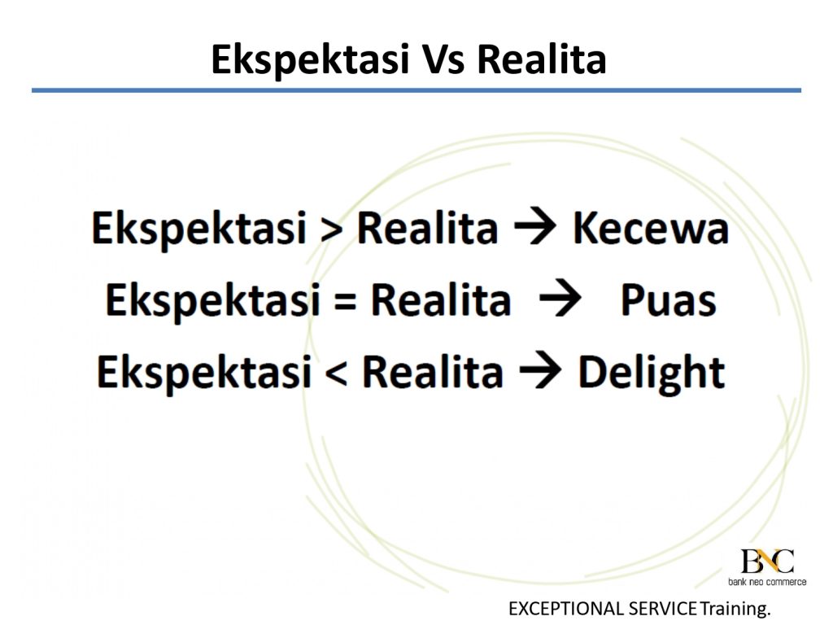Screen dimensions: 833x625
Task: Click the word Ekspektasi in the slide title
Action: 310,60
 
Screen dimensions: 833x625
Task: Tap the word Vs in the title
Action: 443,59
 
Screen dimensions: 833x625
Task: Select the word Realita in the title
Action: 542,59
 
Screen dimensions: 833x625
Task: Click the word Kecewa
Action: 651,229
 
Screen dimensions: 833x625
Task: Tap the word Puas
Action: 669,301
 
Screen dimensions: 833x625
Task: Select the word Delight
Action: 652,373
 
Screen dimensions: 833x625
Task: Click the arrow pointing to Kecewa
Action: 535,228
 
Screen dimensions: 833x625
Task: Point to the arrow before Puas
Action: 560,299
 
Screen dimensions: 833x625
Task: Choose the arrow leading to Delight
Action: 540,370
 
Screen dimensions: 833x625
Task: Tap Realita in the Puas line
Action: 440,300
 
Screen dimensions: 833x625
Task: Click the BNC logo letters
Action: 767,562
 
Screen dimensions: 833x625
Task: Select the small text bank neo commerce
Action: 767,582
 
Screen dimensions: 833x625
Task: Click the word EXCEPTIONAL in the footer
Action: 566,608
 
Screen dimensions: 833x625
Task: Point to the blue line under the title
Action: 416,90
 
